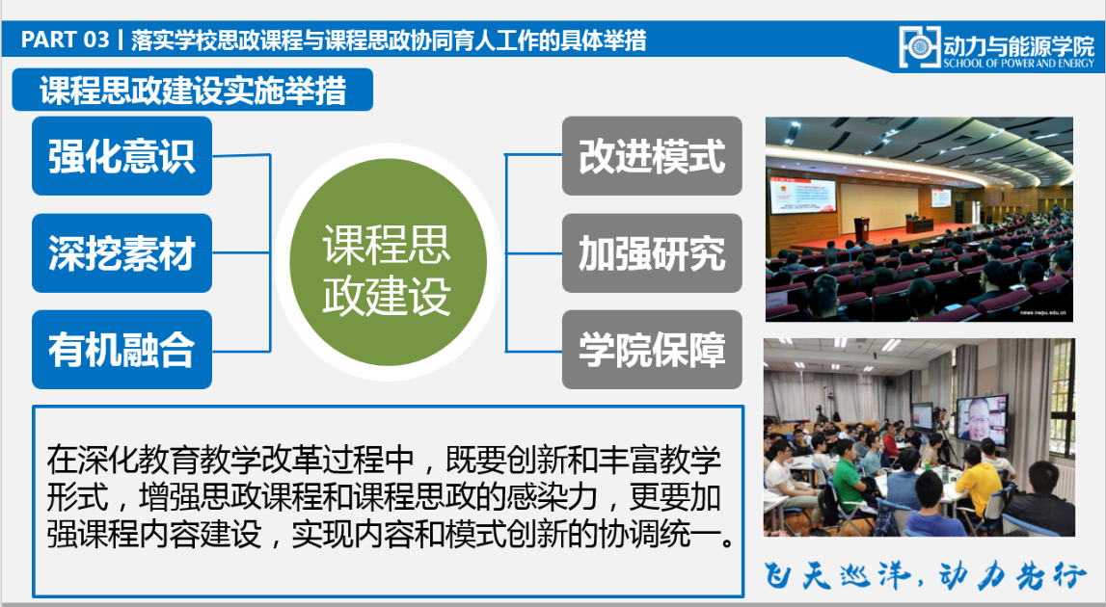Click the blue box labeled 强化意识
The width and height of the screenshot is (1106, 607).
point(122,156)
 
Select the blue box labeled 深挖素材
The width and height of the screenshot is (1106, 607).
point(122,253)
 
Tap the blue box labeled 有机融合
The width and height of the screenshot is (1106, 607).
point(122,350)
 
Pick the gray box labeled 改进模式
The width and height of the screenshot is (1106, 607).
point(652,156)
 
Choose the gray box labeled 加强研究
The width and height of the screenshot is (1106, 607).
point(652,253)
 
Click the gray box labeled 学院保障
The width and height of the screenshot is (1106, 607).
point(652,350)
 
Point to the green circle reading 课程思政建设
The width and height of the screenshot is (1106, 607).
point(388,261)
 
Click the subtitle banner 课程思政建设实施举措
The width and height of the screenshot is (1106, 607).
point(193,91)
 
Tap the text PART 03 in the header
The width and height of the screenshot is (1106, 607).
point(65,40)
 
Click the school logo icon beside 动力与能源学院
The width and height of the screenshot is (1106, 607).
point(919,47)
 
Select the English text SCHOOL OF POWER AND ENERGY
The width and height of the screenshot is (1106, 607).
point(1018,63)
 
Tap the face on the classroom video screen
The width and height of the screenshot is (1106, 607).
point(980,419)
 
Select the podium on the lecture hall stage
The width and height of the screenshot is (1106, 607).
point(863,229)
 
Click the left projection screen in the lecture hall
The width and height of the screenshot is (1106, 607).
point(802,196)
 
